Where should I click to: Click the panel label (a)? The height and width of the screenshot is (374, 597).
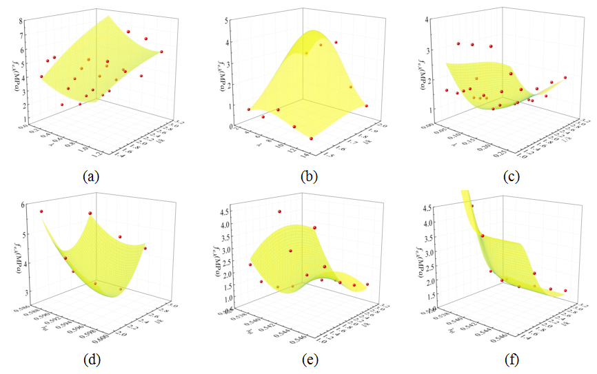click(90, 177)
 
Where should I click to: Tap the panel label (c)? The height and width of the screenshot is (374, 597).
click(511, 177)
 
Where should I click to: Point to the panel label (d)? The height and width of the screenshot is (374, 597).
click(90, 358)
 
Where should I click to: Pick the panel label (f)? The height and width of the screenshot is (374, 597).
click(511, 358)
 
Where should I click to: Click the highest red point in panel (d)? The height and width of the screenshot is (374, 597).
click(41, 211)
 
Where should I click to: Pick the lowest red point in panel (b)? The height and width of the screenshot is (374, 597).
click(312, 138)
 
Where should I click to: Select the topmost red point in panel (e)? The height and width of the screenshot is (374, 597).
click(280, 211)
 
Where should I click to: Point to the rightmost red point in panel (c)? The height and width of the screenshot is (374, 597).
click(565, 78)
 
